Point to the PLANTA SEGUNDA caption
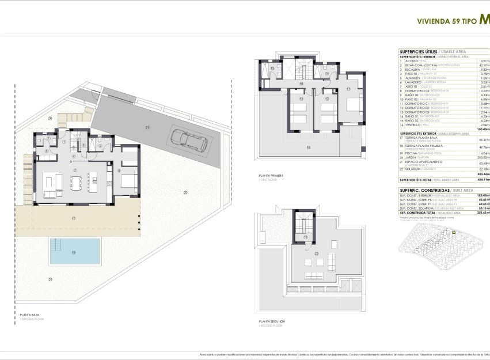[271, 321]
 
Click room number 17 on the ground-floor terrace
[74, 218]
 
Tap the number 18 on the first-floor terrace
[307, 148]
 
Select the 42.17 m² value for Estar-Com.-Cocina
[485, 66]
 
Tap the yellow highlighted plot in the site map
[454, 232]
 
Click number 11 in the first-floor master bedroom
[349, 89]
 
